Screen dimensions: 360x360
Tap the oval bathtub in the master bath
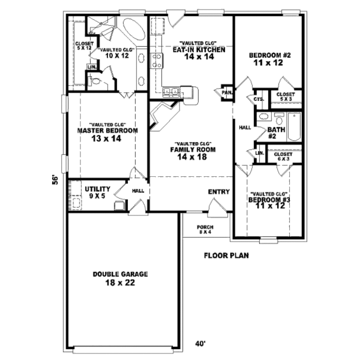click(x=134, y=29)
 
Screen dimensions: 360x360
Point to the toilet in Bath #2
click(x=279, y=119)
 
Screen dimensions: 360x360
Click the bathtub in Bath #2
click(x=294, y=127)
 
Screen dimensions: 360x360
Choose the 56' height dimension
click(x=55, y=180)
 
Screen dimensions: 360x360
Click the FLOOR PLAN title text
click(x=226, y=256)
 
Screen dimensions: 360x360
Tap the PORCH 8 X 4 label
click(x=205, y=229)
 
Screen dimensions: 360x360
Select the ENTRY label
click(x=219, y=192)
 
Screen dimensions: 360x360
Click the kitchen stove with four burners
click(x=157, y=60)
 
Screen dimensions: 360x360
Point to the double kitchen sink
click(x=171, y=92)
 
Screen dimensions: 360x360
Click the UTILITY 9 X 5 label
click(x=98, y=192)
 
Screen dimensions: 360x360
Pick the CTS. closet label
click(x=259, y=99)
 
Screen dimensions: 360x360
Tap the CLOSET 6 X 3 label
click(x=283, y=156)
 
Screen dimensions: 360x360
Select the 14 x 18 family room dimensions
click(x=192, y=157)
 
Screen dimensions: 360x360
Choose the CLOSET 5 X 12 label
click(x=84, y=46)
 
